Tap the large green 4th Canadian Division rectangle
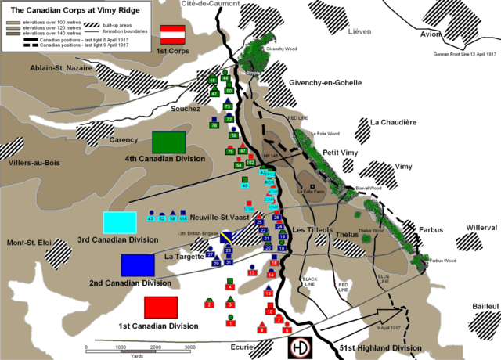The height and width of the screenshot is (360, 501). point(168,142)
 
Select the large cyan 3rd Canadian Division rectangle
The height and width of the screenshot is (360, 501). point(119,223)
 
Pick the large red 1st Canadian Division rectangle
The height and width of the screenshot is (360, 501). point(160,308)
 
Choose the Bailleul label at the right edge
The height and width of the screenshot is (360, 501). point(480,306)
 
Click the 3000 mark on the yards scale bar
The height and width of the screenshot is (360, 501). point(189,347)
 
